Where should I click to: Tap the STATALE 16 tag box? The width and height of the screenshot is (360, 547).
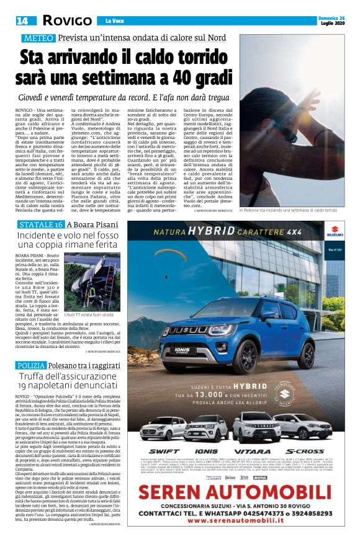(x=42, y=224)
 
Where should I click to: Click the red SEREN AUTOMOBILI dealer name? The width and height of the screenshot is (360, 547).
(x=245, y=492)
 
